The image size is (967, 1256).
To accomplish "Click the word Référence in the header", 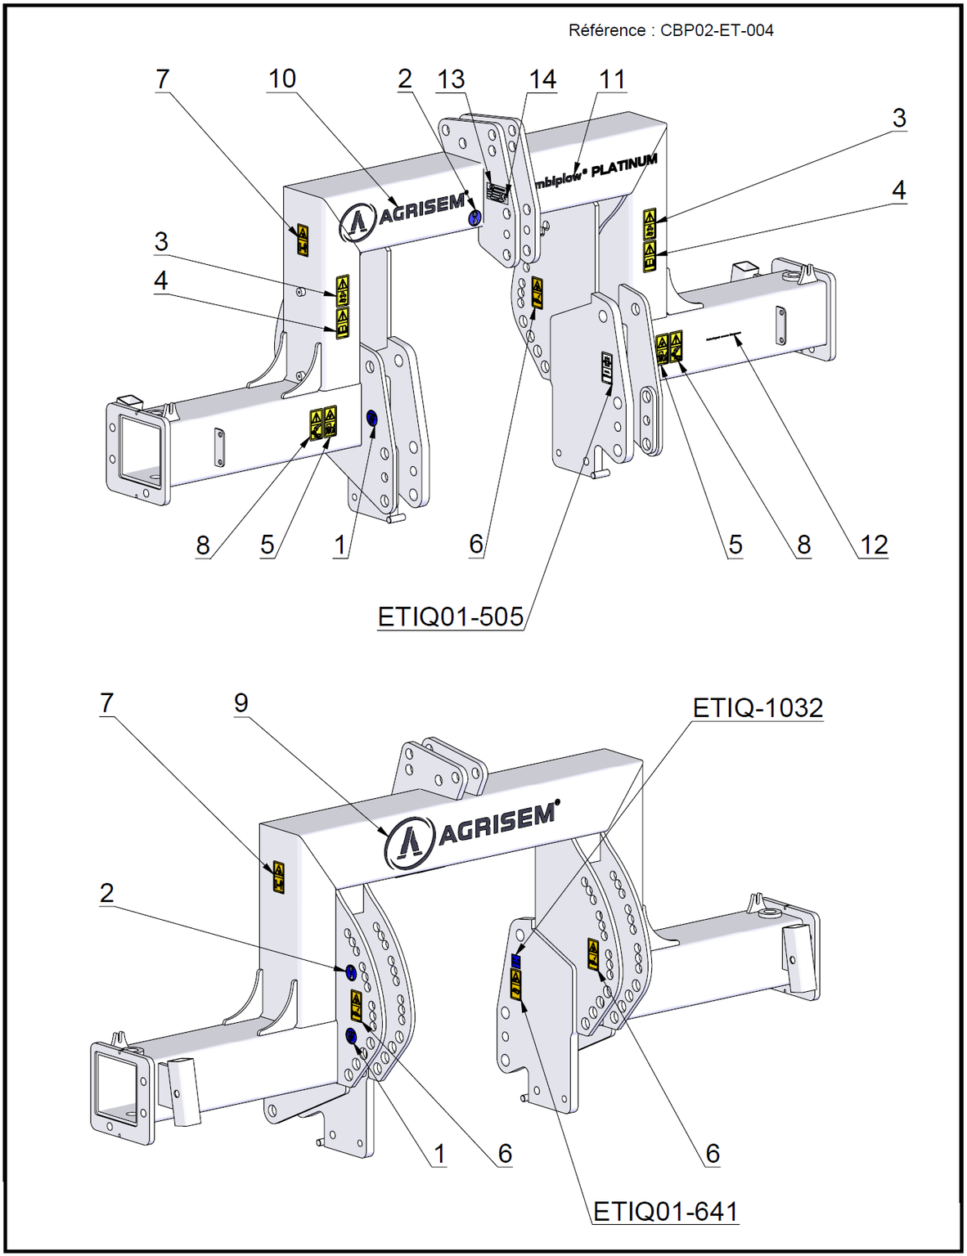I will (606, 31).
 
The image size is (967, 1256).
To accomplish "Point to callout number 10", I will (282, 79).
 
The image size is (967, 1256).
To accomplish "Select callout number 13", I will (451, 79).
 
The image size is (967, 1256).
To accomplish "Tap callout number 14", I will (542, 79).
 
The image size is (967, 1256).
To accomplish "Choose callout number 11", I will (612, 79).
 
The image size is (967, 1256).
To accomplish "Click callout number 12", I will (874, 545).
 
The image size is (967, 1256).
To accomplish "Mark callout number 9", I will (241, 702).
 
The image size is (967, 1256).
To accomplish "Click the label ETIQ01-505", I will (451, 617).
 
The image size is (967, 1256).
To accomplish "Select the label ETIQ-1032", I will (758, 707).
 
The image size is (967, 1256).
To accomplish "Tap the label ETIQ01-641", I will (665, 1211).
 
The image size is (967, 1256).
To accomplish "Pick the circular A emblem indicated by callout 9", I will (408, 844).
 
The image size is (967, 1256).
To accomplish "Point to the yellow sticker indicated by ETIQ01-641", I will (516, 984).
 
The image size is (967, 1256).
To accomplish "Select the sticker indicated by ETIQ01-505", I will (606, 369).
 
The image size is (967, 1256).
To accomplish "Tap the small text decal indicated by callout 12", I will (722, 336).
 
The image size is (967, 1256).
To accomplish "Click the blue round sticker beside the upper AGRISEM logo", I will (474, 218).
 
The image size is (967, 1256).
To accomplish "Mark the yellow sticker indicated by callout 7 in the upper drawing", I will (303, 241).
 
